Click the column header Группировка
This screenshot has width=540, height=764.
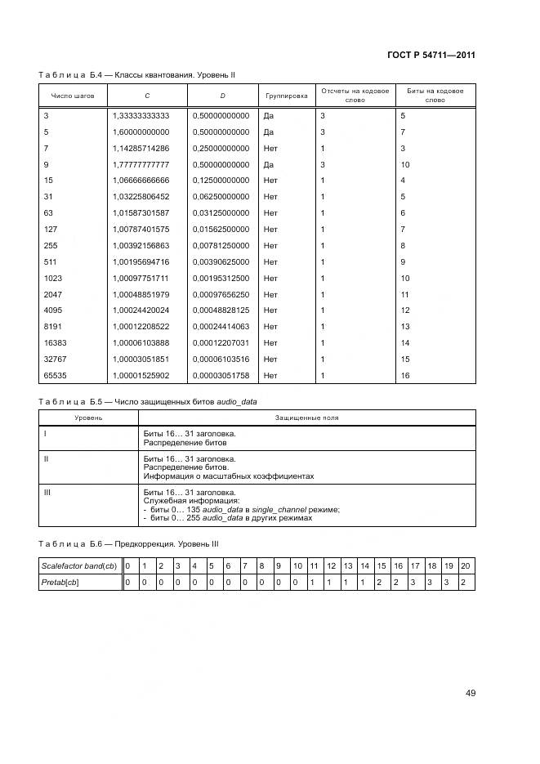coord(287,96)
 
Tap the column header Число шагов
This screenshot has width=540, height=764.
coord(73,96)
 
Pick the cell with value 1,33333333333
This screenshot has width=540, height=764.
coord(141,116)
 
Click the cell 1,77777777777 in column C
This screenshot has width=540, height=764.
coord(141,164)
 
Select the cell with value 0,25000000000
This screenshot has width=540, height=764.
coord(221,148)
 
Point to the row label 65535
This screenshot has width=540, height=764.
coord(54,375)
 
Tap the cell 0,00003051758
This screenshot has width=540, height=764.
coord(221,375)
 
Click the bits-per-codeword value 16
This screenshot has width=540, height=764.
coord(404,375)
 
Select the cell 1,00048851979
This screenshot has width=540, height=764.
coord(141,294)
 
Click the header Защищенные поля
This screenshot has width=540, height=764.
coord(306,417)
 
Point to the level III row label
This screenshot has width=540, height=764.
coord(47,493)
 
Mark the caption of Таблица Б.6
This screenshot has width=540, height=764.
coord(128,543)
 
